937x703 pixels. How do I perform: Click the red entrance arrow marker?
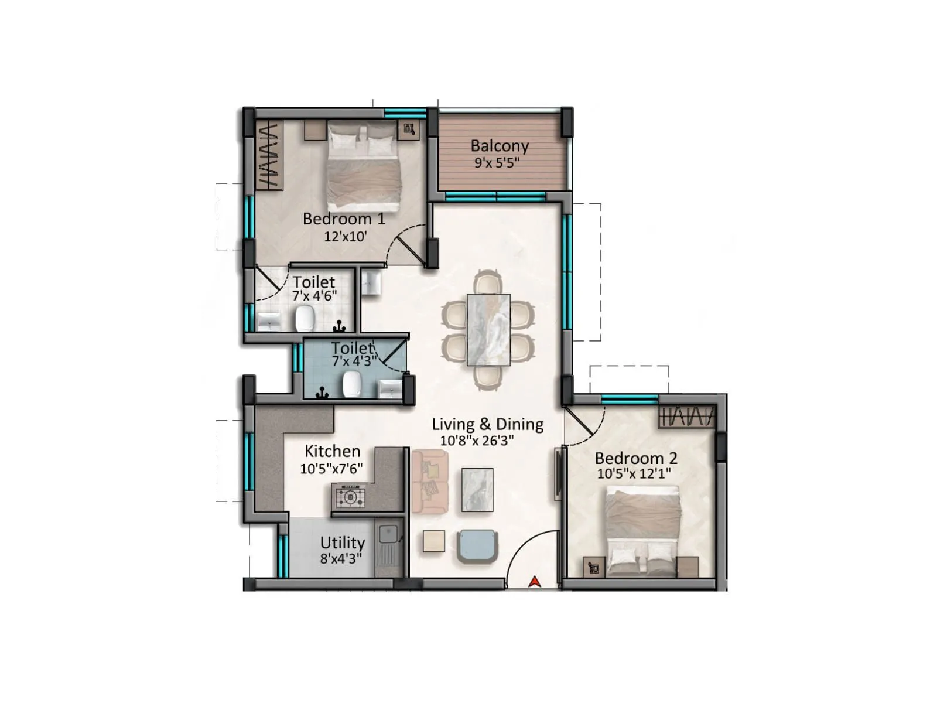coord(534,581)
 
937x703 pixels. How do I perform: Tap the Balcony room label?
coord(500,145)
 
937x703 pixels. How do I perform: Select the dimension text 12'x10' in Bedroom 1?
coord(346,236)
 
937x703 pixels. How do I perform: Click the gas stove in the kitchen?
coord(350,497)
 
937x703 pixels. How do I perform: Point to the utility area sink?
coord(388,534)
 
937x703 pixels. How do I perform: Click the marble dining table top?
coord(488,330)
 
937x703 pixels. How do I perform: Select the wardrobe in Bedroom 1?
coord(269,155)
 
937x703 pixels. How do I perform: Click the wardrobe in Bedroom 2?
coord(687,417)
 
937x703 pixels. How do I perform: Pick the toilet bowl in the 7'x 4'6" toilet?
coord(305,319)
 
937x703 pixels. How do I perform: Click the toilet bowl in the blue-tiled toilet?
coord(351,383)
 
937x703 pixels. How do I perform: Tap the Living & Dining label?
coord(488,424)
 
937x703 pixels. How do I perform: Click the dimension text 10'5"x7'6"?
coord(331,469)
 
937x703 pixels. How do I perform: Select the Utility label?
coord(343,542)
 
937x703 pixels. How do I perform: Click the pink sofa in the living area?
coord(430,483)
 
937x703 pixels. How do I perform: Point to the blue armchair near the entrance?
coord(478,545)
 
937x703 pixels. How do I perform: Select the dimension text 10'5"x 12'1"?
coord(634,474)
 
